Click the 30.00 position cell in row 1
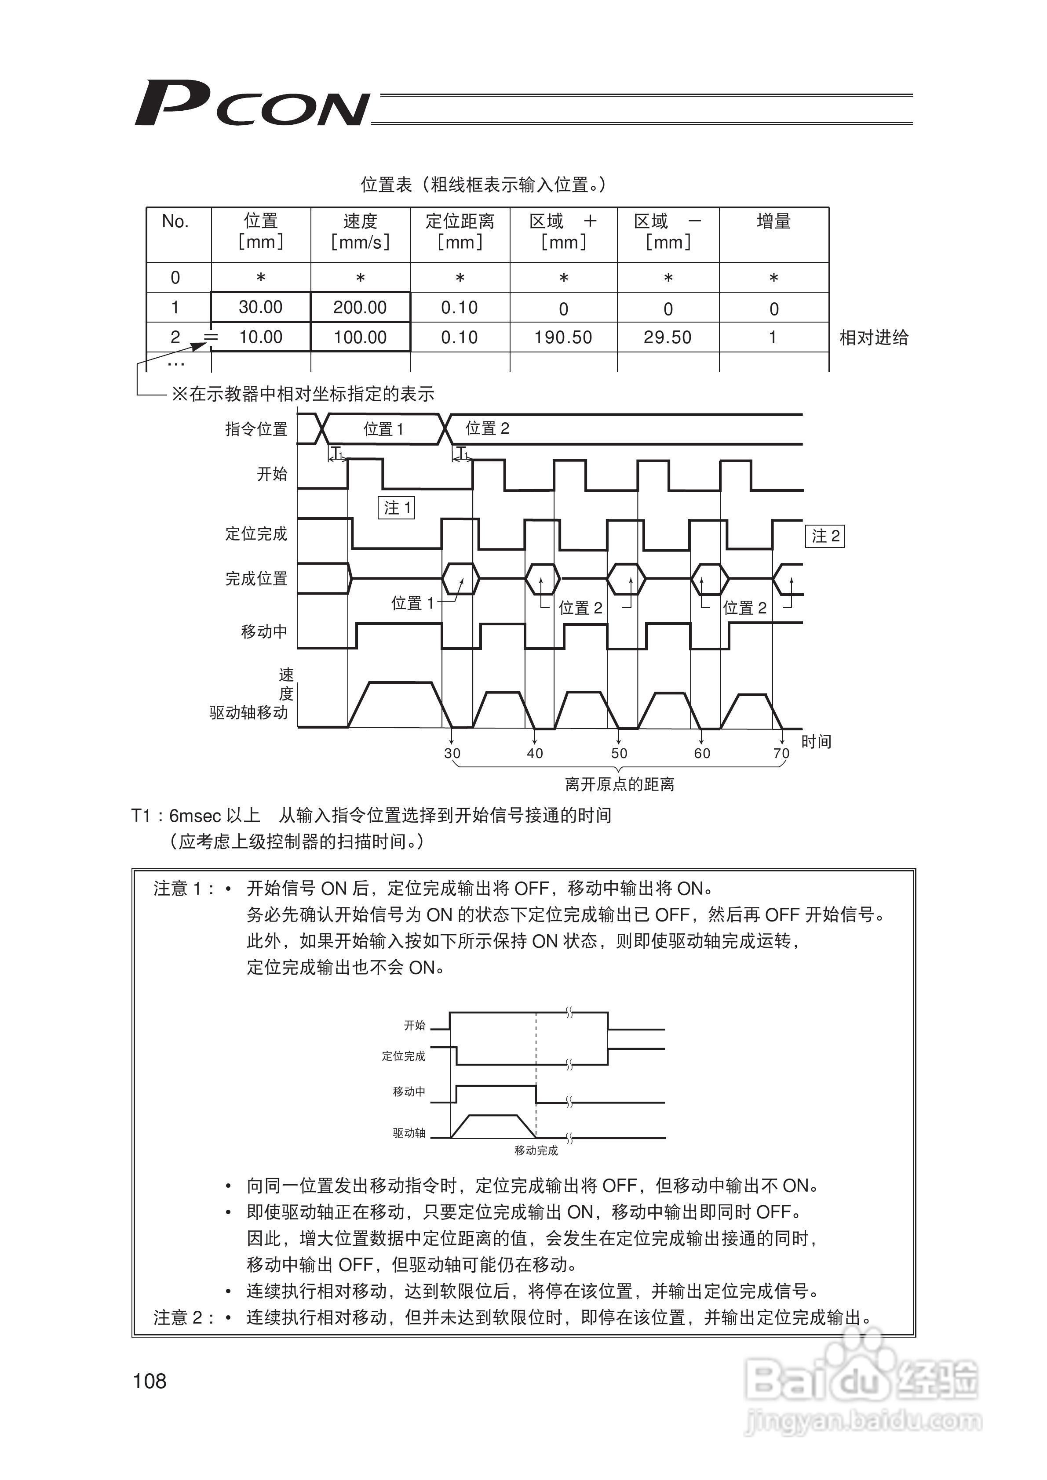coord(261,308)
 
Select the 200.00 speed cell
coord(360,308)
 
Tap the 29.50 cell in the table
coord(667,337)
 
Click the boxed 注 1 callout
coord(397,508)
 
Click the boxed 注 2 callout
coord(825,536)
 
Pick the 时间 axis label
coord(816,742)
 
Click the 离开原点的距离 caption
coord(619,784)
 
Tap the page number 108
coord(149,1382)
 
